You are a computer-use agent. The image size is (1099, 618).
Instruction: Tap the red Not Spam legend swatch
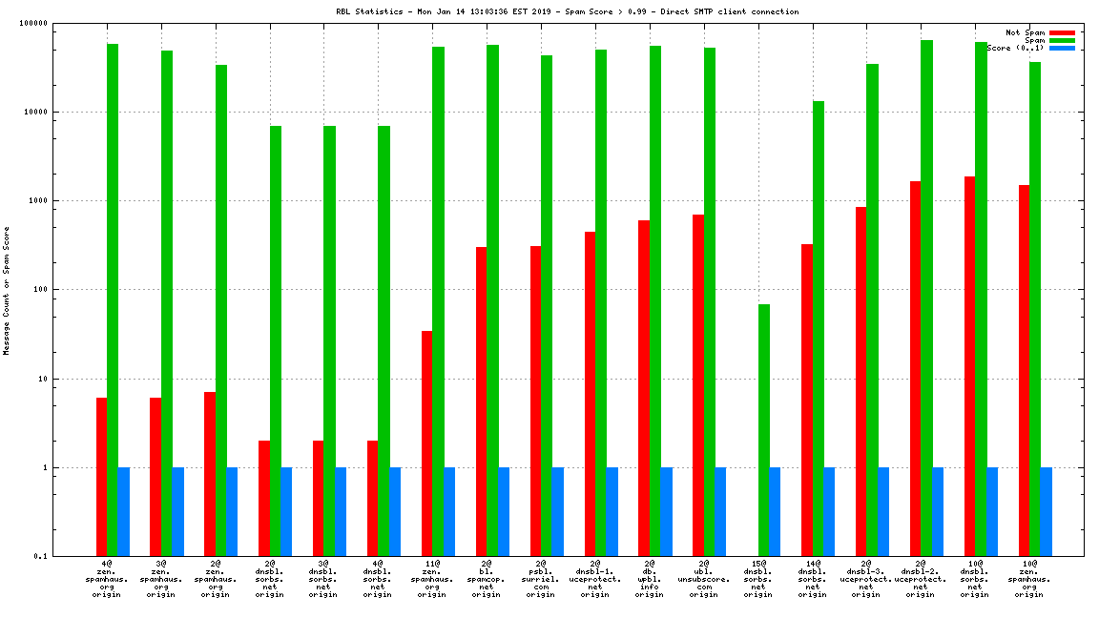coord(1062,32)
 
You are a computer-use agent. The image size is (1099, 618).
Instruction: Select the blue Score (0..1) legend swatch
coord(1062,48)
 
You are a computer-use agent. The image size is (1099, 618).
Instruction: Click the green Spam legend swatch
coord(1062,40)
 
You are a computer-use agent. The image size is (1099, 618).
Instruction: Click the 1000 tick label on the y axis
coord(40,201)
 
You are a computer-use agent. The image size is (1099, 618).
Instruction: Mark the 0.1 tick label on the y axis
coord(42,557)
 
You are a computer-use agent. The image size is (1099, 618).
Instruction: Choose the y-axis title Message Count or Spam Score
coord(7,290)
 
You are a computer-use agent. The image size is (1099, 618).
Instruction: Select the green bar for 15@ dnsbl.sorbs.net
coord(763,430)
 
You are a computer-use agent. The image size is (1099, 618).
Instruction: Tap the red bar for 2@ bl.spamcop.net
coord(481,402)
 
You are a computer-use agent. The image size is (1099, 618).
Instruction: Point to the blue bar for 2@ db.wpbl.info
coord(666,512)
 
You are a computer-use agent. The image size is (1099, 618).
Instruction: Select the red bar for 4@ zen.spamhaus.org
coord(101,477)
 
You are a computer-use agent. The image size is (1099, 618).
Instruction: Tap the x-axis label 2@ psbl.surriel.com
coord(541,579)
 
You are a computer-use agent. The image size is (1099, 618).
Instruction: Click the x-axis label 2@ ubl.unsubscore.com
coord(704,579)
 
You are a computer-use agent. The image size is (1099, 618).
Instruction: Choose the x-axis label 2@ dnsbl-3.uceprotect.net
coord(866,579)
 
